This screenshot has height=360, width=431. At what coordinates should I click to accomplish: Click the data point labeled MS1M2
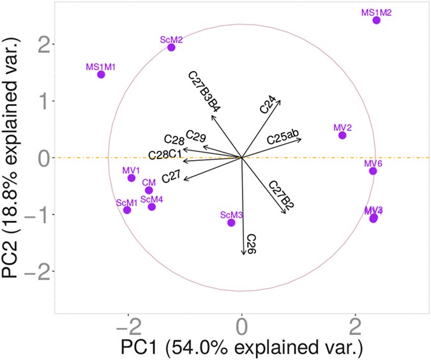376,20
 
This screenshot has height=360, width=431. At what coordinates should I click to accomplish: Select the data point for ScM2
171,47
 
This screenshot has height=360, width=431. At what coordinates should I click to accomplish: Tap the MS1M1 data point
101,75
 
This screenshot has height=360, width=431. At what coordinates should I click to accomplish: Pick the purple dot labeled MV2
342,135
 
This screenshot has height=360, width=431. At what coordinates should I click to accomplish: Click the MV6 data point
373,171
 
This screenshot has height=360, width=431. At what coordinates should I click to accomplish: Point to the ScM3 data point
231,223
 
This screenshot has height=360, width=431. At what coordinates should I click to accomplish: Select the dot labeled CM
149,190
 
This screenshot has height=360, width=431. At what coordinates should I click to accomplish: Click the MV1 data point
132,178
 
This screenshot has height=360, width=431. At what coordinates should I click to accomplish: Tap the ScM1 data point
127,210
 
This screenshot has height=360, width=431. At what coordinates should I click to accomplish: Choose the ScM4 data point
151,207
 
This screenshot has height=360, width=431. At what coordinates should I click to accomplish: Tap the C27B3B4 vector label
204,91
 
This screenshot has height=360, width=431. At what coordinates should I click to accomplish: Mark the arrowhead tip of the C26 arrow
243,255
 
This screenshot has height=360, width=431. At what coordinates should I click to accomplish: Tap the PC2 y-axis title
14,156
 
